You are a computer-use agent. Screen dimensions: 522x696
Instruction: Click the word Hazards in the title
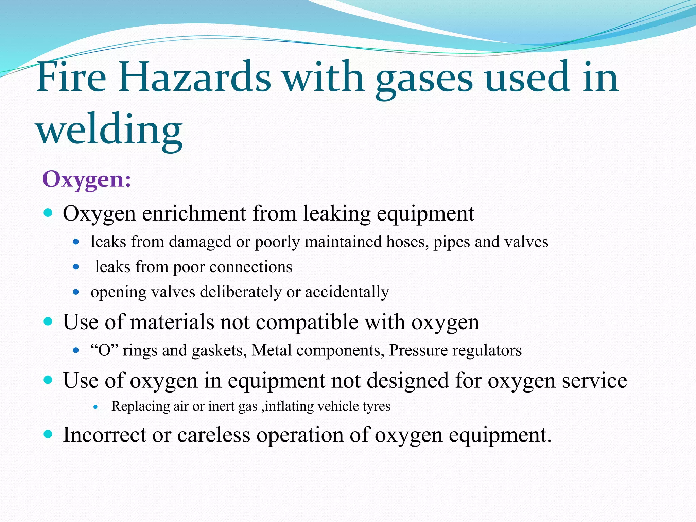point(194,77)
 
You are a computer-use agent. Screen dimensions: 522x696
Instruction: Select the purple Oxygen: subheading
point(87,179)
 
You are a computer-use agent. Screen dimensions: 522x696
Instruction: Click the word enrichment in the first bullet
point(194,214)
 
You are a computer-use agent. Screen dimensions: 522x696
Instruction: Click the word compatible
point(307,322)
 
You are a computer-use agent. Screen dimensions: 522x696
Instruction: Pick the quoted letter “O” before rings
point(104,350)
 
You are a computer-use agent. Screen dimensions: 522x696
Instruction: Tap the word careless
point(214,435)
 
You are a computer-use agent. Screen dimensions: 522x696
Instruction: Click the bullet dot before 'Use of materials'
point(48,321)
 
